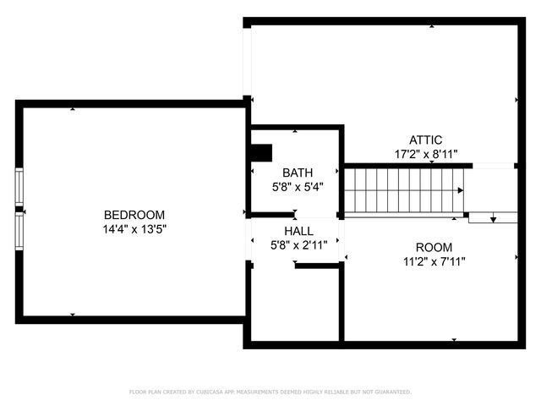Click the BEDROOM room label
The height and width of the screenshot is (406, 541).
[134, 215]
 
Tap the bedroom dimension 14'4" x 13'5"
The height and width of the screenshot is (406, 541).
[134, 228]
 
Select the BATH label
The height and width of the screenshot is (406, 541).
[298, 173]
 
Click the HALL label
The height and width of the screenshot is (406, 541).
[298, 231]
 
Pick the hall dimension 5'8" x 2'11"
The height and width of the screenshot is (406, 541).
[298, 245]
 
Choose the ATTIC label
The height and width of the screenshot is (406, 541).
[425, 140]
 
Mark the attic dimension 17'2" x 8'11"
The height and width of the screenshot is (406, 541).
[425, 155]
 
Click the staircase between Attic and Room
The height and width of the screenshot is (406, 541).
[404, 189]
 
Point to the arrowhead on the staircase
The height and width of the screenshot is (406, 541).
[460, 190]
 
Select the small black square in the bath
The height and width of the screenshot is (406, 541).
[262, 152]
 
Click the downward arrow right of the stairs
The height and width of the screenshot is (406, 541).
[493, 218]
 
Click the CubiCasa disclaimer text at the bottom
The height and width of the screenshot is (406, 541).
[270, 392]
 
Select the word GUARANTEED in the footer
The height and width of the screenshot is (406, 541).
[391, 392]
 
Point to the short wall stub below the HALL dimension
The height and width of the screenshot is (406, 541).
[316, 266]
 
